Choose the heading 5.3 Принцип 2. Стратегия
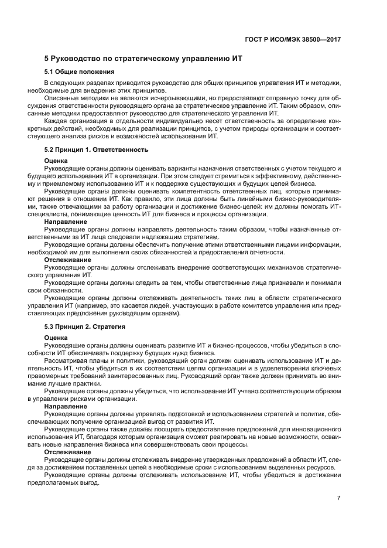click(85, 326)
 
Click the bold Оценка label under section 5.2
click(56, 161)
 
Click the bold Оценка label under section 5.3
click(56, 338)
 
